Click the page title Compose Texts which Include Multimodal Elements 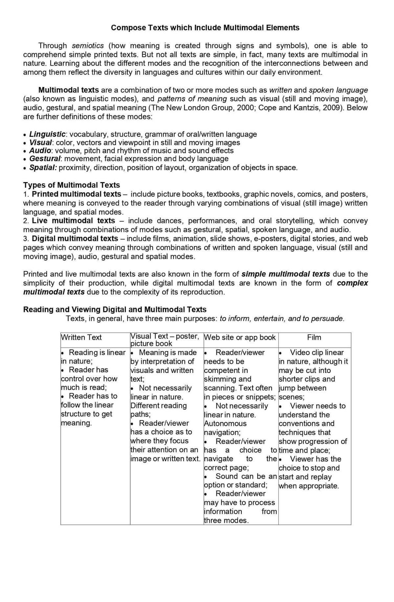(x=205, y=28)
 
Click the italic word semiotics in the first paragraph (x=88, y=46)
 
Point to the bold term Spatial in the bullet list (x=43, y=168)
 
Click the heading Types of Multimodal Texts (x=71, y=185)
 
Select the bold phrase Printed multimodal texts (x=76, y=194)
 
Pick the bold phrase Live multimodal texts (x=73, y=221)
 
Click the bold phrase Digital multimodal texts (x=75, y=239)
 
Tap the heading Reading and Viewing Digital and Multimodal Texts (x=115, y=309)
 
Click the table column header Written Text (x=81, y=337)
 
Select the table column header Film (x=314, y=337)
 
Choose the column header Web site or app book (x=240, y=337)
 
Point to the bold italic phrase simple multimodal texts (x=285, y=274)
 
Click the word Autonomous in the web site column (x=225, y=424)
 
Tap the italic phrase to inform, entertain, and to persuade (x=282, y=319)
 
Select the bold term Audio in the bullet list (x=40, y=151)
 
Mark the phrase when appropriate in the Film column (x=309, y=486)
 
